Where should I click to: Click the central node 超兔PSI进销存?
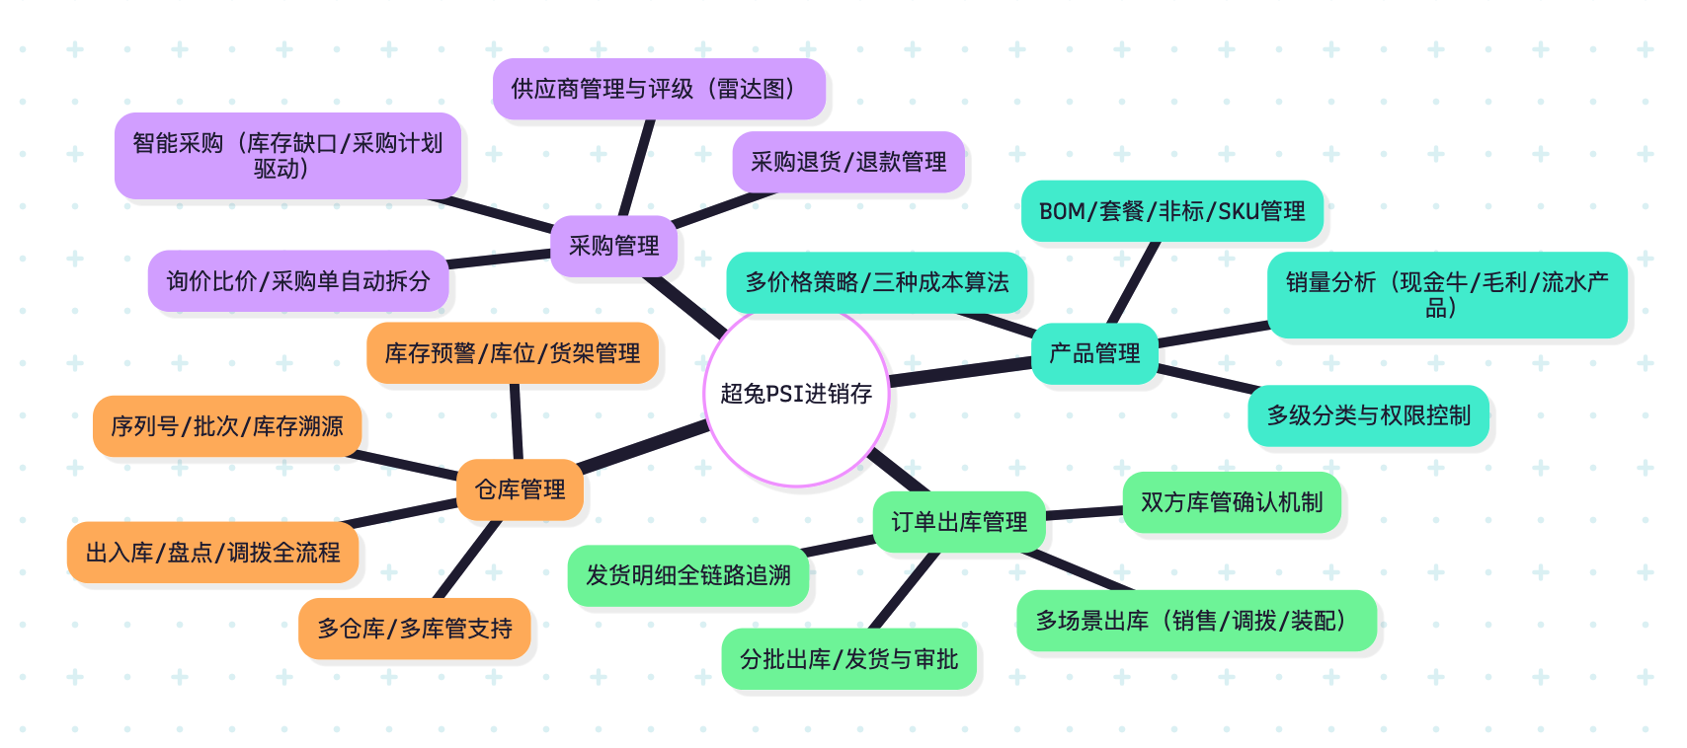point(796,395)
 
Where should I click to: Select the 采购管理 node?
point(613,246)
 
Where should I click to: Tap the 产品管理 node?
point(1094,353)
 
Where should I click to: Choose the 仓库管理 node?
point(520,489)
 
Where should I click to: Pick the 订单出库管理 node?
point(959,521)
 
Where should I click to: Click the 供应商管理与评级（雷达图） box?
point(659,89)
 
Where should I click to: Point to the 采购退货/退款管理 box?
point(848,162)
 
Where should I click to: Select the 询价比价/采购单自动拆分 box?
point(298,281)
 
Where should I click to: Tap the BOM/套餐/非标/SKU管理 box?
point(1171,211)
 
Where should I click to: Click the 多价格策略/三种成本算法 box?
point(877,282)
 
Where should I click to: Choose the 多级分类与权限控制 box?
point(1368,415)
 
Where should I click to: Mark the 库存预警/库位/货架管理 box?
point(512,353)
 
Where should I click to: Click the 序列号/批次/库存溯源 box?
point(227,426)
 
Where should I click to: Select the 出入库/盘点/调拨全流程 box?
point(212,553)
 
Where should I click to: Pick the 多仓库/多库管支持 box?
point(415,629)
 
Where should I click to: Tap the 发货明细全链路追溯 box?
point(687,575)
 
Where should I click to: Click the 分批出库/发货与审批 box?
point(848,659)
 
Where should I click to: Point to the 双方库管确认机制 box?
point(1232,502)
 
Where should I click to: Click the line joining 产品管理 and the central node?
point(960,372)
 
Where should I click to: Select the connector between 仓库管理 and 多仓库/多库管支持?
point(467,560)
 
